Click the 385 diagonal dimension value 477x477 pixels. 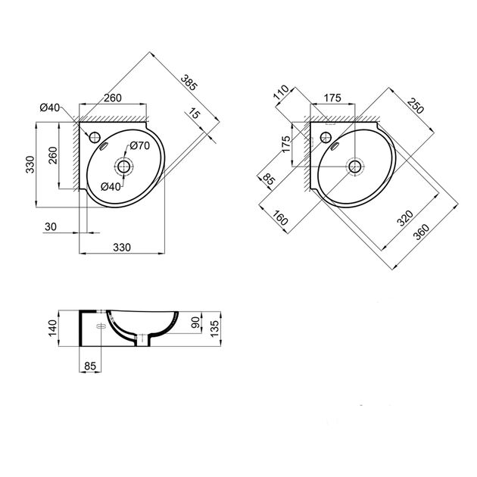[x=189, y=83]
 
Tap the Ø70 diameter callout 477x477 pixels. [x=140, y=145]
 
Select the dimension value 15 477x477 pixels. [x=194, y=113]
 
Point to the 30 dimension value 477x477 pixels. [x=51, y=226]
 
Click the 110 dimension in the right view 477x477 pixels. [x=281, y=92]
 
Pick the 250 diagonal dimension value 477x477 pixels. [x=415, y=105]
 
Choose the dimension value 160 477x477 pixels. [x=279, y=217]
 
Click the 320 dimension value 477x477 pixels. [x=406, y=218]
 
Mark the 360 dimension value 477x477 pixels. [x=421, y=232]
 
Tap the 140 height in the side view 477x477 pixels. [x=53, y=329]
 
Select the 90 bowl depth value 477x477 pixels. [x=195, y=322]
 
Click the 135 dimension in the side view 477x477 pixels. [x=214, y=329]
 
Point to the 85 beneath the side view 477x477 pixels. [x=90, y=366]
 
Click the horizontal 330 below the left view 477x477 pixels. [x=122, y=248]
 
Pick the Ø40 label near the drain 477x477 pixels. [x=111, y=186]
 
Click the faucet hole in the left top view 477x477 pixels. [x=95, y=137]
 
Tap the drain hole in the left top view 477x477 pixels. [x=124, y=167]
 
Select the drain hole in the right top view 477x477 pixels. [x=355, y=167]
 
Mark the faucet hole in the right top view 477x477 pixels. [x=326, y=137]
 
